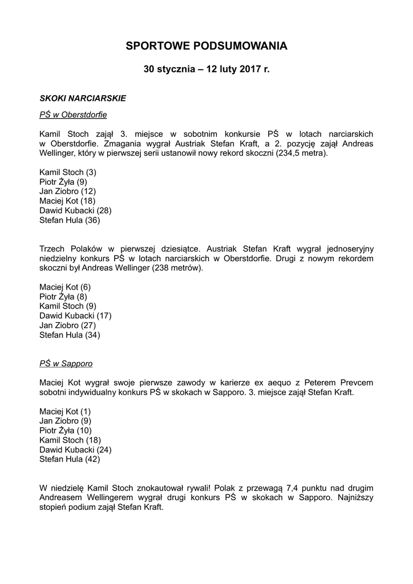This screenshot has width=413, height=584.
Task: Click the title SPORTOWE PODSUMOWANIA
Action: tap(206, 46)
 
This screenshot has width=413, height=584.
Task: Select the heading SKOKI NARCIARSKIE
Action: tap(83, 98)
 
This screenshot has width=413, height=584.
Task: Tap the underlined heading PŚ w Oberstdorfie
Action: tap(73, 115)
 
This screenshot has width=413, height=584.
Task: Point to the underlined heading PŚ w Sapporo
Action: tap(66, 363)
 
